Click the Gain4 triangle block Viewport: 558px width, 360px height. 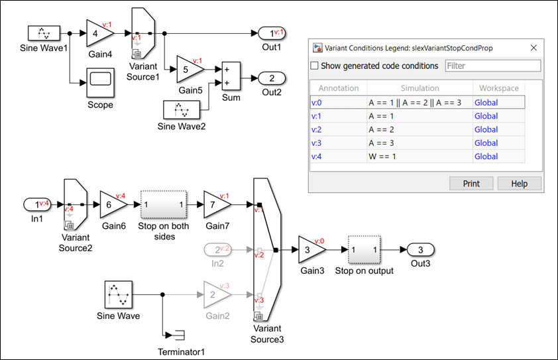99,32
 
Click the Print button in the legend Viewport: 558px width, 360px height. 471,184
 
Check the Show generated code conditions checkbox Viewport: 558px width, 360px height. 315,66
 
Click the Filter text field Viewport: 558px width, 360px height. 493,66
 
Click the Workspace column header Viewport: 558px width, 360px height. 498,88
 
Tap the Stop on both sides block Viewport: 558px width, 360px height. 164,205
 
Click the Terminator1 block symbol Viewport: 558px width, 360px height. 179,333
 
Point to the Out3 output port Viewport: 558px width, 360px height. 420,250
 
